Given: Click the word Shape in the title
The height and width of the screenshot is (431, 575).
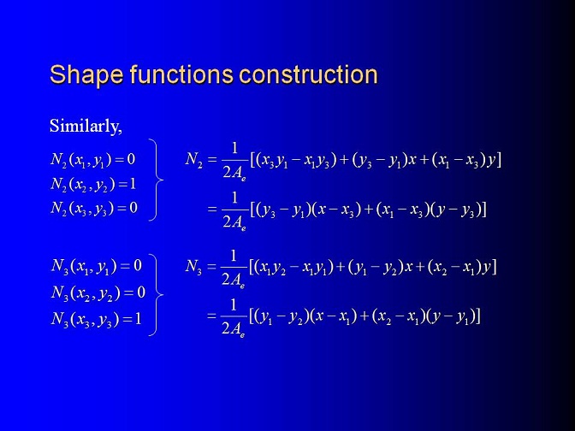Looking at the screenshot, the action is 86,74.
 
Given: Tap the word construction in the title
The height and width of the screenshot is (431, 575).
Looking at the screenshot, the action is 308,74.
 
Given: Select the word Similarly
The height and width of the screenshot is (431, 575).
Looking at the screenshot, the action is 86,126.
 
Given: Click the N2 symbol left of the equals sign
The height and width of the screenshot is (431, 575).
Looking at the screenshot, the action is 194,160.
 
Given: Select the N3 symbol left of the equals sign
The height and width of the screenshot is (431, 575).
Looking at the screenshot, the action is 193,267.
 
